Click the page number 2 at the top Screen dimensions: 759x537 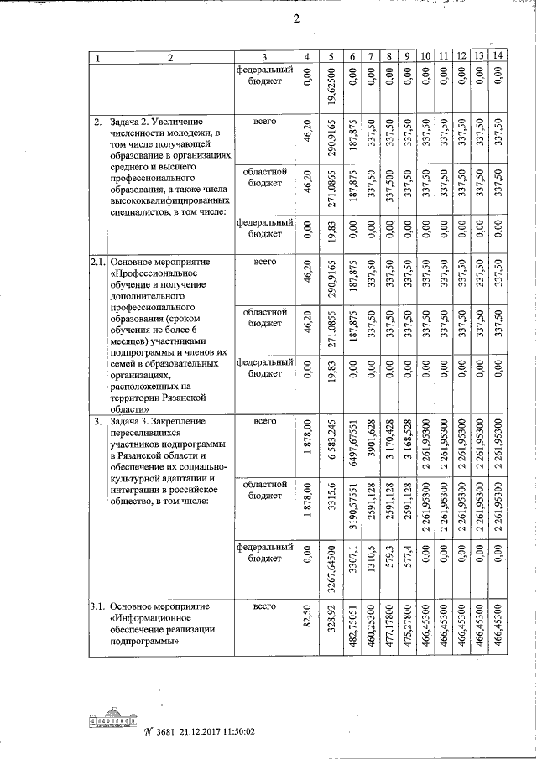point(295,20)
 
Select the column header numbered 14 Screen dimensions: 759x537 point(498,56)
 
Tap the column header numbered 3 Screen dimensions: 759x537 point(264,57)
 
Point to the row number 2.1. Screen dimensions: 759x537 point(97,263)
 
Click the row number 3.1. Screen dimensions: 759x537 point(97,606)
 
